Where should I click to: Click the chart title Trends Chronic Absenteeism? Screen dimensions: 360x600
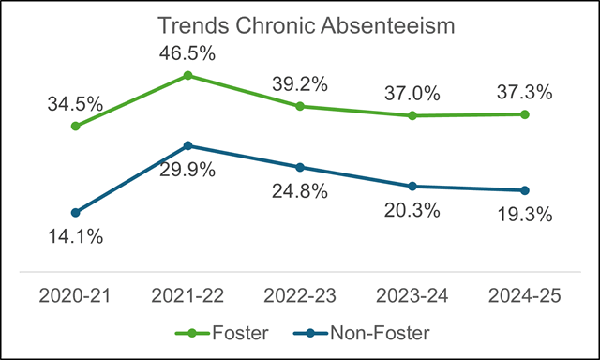[306, 25]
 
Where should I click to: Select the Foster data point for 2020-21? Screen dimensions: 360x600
[75, 126]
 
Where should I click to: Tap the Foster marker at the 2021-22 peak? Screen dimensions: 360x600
[187, 75]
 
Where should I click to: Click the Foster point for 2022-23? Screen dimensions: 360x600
[300, 106]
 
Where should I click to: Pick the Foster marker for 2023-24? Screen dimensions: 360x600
[412, 115]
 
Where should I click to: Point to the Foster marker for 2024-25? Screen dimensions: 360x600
[524, 114]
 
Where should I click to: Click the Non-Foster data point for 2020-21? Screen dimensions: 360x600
[75, 212]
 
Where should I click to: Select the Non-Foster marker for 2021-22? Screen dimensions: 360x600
[187, 145]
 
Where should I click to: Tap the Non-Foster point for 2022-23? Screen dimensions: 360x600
[300, 167]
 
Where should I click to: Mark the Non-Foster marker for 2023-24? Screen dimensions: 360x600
[412, 186]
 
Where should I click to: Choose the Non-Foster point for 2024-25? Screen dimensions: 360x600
[524, 190]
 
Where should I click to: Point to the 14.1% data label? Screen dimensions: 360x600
[75, 236]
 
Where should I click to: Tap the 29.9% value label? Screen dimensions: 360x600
[187, 170]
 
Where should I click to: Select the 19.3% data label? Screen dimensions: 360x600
[524, 214]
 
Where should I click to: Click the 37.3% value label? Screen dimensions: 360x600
[524, 92]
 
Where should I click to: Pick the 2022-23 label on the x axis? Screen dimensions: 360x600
[300, 295]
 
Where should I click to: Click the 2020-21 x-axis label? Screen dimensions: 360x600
[75, 295]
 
